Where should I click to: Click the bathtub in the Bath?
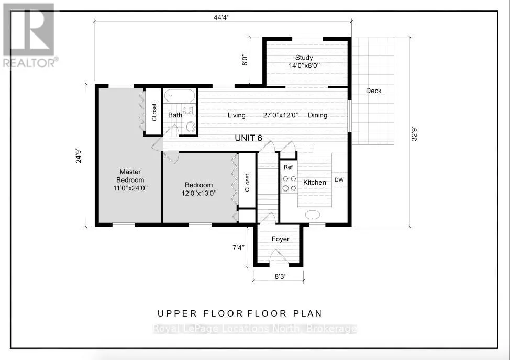tap(180, 96)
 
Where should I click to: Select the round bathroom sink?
tap(190, 126)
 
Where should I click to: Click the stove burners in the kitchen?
tap(289, 183)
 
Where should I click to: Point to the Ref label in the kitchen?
tap(288, 167)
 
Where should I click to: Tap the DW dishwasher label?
tap(339, 179)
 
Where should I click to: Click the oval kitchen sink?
tap(313, 215)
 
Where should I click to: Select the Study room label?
tap(304, 58)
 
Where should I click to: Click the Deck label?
tap(373, 91)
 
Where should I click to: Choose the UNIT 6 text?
tap(249, 138)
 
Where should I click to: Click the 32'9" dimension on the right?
tap(414, 133)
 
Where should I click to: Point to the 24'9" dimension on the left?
tap(79, 155)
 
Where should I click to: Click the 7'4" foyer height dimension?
tap(238, 248)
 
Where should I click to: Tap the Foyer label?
tap(280, 239)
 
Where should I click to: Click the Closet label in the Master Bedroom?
tap(154, 113)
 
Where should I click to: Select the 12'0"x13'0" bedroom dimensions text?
tap(199, 193)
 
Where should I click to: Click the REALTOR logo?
tap(29, 35)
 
